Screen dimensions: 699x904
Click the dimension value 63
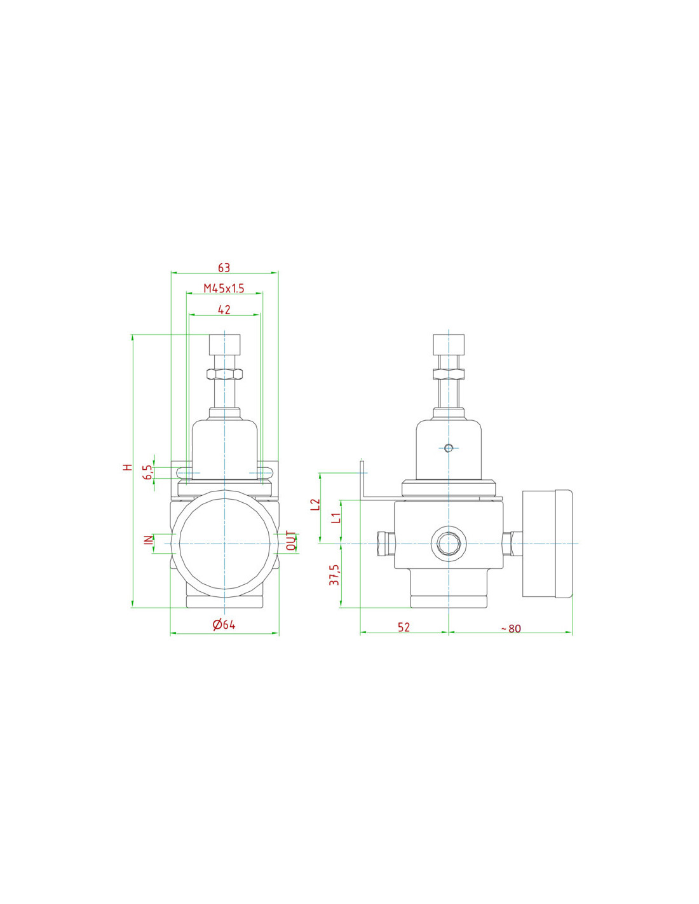(x=224, y=268)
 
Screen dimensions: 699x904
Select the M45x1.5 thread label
(x=224, y=288)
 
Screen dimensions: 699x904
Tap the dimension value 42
(x=224, y=310)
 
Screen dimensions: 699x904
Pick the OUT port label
(x=292, y=541)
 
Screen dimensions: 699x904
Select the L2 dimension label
(x=316, y=505)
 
